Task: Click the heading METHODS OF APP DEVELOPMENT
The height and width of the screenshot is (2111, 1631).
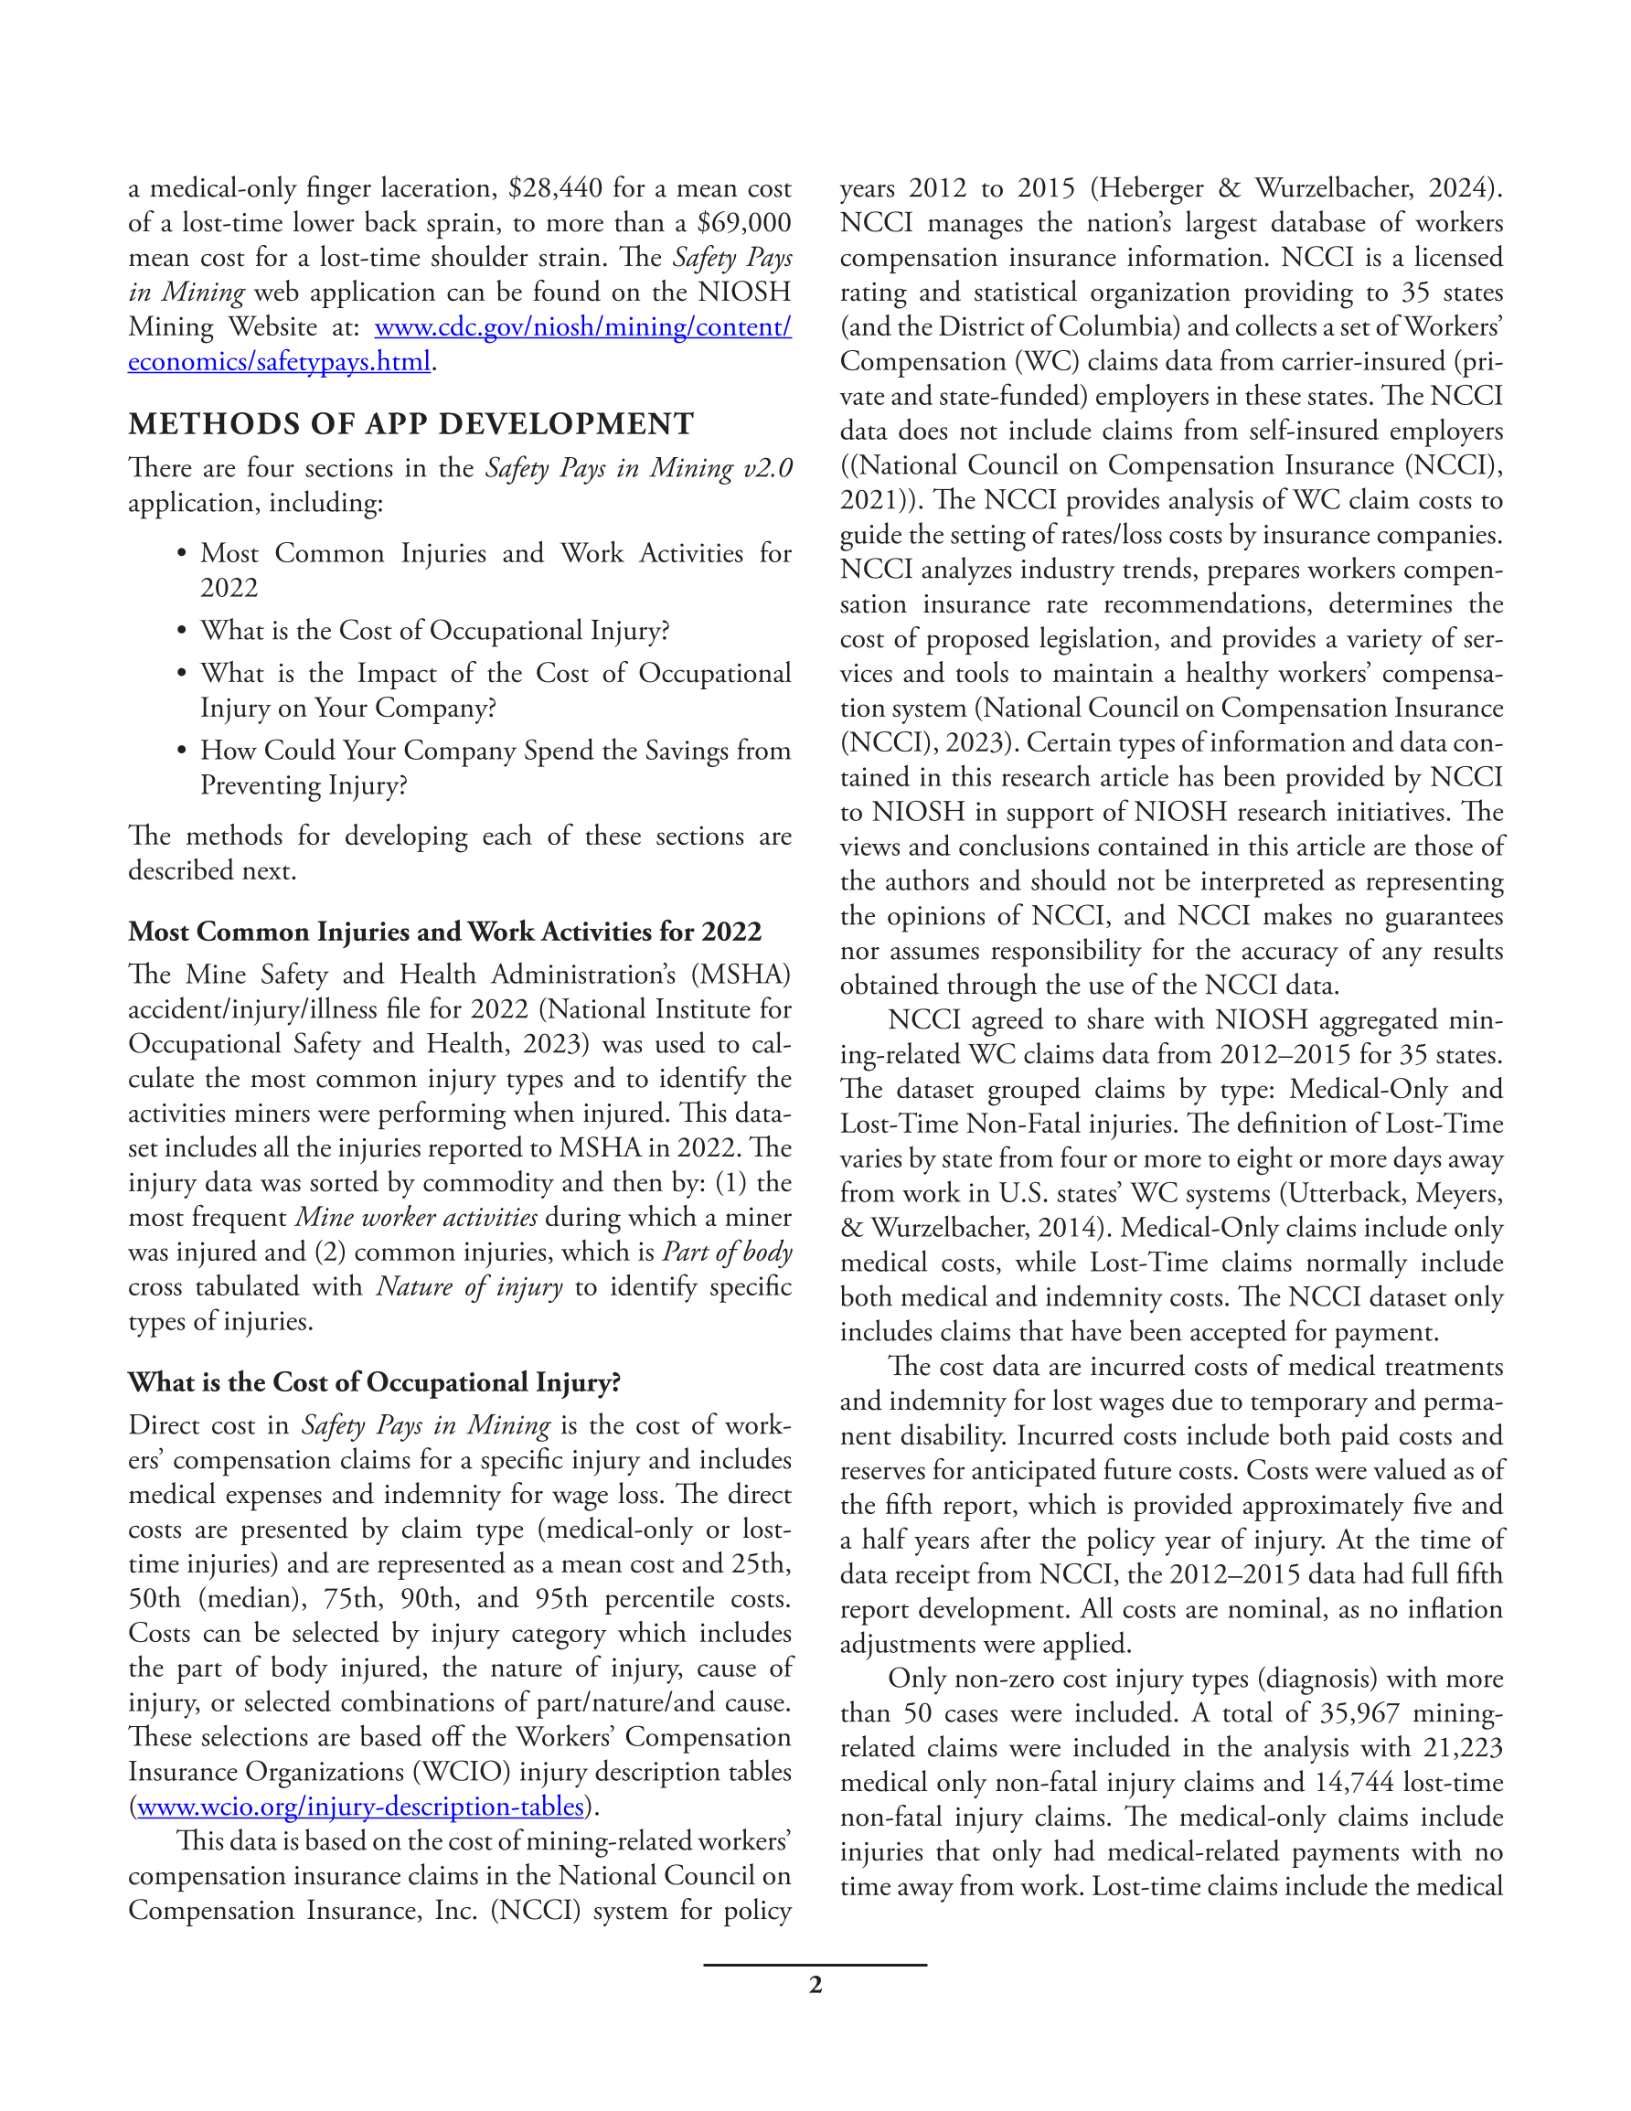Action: (x=410, y=424)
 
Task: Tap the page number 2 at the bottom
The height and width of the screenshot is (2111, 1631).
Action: (x=815, y=1985)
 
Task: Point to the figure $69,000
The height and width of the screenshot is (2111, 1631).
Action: (x=743, y=222)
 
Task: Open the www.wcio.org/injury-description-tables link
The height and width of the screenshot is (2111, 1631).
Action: (x=360, y=1807)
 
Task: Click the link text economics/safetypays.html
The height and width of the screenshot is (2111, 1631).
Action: (x=280, y=361)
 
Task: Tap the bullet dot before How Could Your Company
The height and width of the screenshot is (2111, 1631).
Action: (x=181, y=751)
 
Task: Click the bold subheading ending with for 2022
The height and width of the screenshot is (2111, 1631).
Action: (x=444, y=932)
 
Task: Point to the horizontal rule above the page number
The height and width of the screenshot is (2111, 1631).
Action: (x=815, y=1964)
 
